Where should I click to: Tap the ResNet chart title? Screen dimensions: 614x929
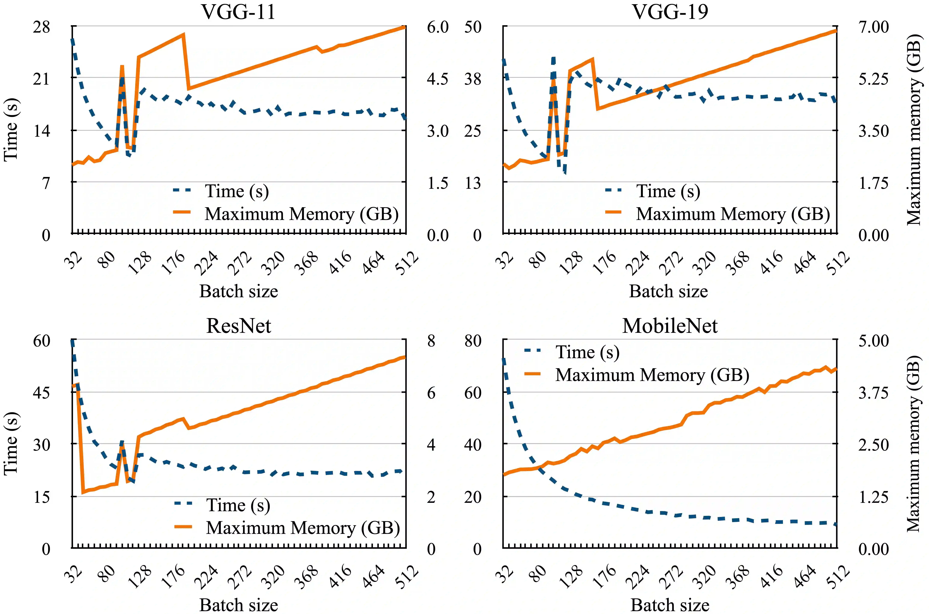[x=238, y=326]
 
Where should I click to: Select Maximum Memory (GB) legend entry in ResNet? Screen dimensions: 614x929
[x=303, y=528]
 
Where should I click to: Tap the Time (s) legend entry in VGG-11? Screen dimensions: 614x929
[x=236, y=191]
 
